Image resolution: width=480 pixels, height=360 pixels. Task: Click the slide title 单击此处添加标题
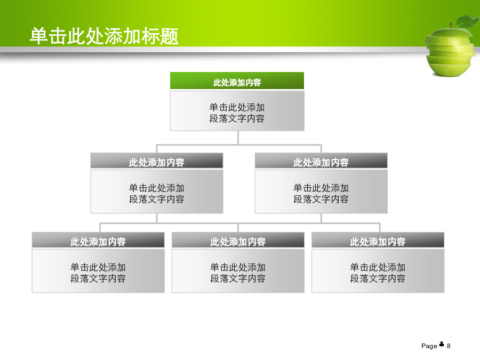[104, 36]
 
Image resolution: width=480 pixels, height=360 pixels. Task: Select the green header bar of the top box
[237, 81]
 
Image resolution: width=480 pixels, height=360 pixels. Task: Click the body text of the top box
[237, 113]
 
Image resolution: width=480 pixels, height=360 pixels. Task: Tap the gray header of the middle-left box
[157, 161]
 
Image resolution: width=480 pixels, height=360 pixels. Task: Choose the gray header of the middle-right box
[321, 161]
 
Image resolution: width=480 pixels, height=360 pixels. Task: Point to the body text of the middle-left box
[157, 194]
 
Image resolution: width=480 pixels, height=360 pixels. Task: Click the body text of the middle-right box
[321, 194]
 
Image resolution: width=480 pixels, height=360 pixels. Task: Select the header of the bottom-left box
[98, 240]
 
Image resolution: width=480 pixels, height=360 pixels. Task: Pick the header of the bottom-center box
[238, 240]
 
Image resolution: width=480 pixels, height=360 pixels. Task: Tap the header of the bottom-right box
[378, 240]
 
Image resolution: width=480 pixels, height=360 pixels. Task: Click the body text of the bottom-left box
[98, 273]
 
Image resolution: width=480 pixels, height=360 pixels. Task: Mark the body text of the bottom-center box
[238, 273]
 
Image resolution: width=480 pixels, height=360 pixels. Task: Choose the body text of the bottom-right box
[378, 273]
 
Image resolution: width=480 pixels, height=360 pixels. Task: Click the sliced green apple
[450, 51]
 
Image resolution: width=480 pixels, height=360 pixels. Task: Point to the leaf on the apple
[467, 21]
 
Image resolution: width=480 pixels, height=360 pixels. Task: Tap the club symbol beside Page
[442, 345]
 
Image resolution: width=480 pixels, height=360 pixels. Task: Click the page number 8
[449, 346]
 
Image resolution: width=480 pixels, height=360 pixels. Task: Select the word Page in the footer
[429, 346]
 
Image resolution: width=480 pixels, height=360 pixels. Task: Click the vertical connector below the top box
[238, 138]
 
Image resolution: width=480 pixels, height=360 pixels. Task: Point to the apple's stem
[451, 26]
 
